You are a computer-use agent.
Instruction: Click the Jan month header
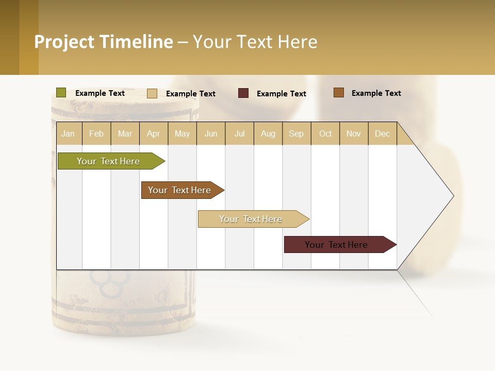[x=69, y=133]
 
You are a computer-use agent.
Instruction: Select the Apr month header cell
[x=154, y=133]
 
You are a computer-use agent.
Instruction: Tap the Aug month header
[x=268, y=133]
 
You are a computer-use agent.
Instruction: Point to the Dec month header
[x=383, y=133]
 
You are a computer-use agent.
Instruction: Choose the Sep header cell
[x=296, y=133]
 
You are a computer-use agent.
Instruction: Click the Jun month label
[x=211, y=133]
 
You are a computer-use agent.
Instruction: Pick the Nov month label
[x=354, y=133]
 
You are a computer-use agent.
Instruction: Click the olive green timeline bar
[x=108, y=161]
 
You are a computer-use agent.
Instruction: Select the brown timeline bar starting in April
[x=180, y=190]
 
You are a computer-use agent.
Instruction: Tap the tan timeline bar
[x=251, y=219]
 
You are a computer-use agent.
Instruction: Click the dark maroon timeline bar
[x=337, y=245]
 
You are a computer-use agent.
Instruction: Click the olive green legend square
[x=61, y=93]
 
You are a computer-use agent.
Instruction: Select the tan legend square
[x=152, y=93]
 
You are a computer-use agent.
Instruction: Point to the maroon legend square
[x=243, y=93]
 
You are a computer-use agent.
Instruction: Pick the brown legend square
[x=339, y=93]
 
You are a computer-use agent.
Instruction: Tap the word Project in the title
[x=64, y=42]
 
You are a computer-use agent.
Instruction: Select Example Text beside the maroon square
[x=282, y=94]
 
